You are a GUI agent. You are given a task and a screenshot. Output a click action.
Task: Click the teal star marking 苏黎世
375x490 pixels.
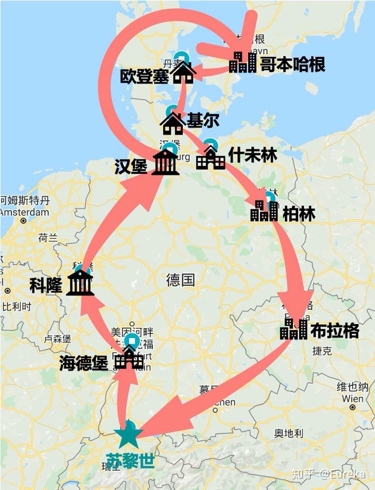tap(128, 436)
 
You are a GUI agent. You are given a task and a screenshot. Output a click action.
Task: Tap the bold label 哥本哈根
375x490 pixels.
tap(293, 65)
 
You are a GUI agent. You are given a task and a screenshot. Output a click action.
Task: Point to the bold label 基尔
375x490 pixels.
tap(203, 120)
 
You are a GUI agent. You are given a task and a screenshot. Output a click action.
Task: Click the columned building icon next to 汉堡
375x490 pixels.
tap(165, 162)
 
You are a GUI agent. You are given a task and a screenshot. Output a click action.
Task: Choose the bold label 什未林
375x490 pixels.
tap(253, 155)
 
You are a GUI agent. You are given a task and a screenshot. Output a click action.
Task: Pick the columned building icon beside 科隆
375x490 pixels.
tap(80, 283)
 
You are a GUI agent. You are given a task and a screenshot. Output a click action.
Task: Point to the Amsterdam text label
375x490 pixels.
tap(24, 212)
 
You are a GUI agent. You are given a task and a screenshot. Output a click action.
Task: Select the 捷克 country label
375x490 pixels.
tap(322, 351)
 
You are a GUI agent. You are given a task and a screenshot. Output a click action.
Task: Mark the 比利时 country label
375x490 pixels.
tap(17, 306)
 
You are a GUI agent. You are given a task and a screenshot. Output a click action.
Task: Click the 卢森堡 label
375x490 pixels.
tap(57, 339)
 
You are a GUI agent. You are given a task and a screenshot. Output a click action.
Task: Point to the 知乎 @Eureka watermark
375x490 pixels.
tap(328, 473)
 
